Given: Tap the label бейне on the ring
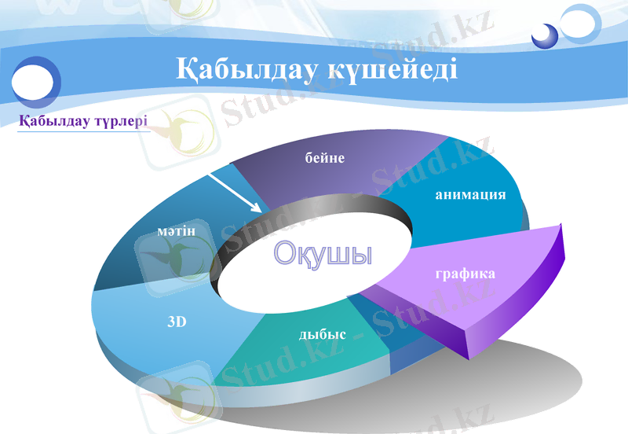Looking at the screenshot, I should tap(325, 158).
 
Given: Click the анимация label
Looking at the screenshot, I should tap(470, 194).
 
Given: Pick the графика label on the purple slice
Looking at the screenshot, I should tap(465, 274).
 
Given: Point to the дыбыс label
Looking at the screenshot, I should tap(322, 334).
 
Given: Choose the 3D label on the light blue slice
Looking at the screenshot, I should tap(177, 322).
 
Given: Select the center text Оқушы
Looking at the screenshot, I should tap(323, 254).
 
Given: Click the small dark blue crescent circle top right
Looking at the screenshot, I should tap(544, 35).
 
